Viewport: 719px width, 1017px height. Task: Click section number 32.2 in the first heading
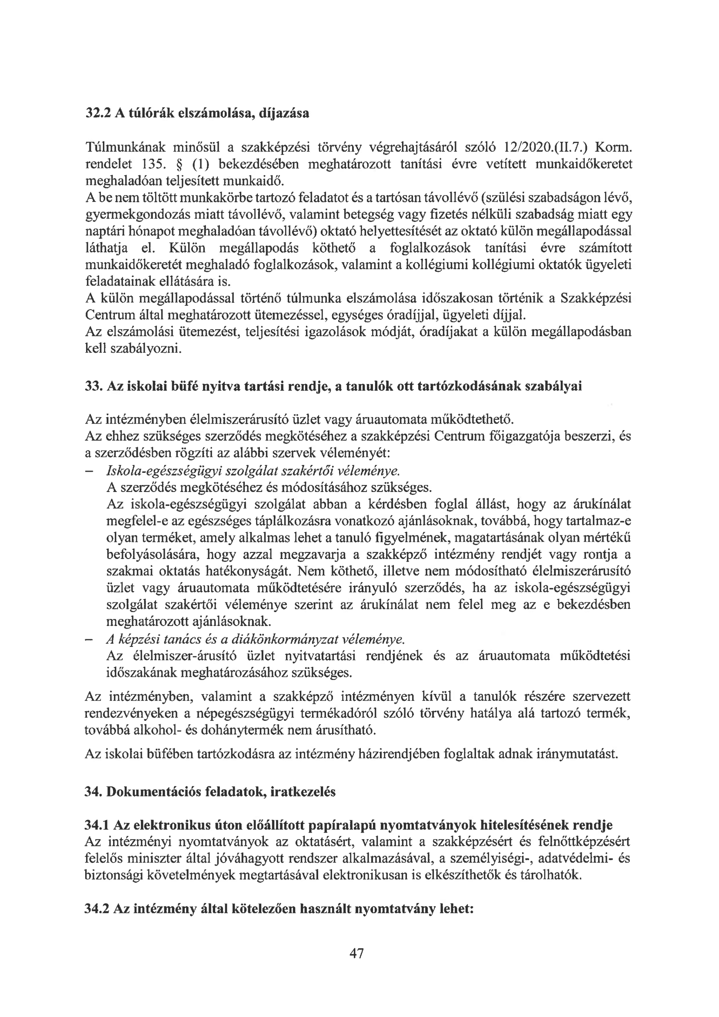coord(98,114)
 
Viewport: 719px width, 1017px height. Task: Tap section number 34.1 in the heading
coord(97,825)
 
